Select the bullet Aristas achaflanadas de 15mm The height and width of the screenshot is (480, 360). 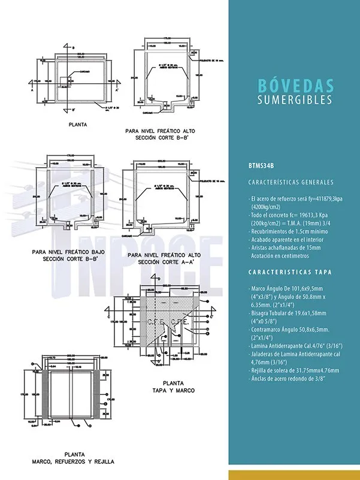tap(285, 247)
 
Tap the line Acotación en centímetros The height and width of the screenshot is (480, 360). tap(280, 255)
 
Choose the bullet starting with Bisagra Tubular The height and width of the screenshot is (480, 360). tap(287, 317)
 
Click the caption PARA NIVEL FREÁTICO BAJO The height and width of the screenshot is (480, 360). tap(65, 252)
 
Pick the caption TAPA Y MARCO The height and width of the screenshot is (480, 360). tap(174, 390)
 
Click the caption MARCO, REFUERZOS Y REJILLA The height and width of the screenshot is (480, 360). tap(73, 462)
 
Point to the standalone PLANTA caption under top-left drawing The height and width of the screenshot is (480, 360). tap(78, 125)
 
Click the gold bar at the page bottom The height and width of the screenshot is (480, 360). tap(294, 475)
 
